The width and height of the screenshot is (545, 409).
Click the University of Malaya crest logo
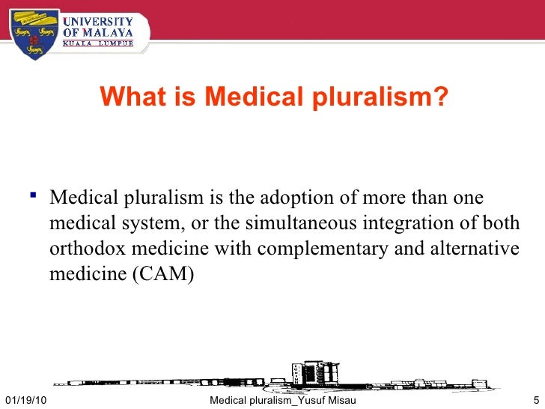pyautogui.click(x=34, y=32)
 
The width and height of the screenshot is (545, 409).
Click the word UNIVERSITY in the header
pyautogui.click(x=99, y=21)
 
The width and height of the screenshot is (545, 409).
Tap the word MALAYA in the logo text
pyautogui.click(x=108, y=32)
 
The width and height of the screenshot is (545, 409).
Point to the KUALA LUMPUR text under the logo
pyautogui.click(x=98, y=43)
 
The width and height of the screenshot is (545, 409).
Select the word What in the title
pyautogui.click(x=126, y=96)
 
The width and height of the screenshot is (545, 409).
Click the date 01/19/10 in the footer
pyautogui.click(x=23, y=402)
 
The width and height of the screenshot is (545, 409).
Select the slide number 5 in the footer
pyautogui.click(x=536, y=402)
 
